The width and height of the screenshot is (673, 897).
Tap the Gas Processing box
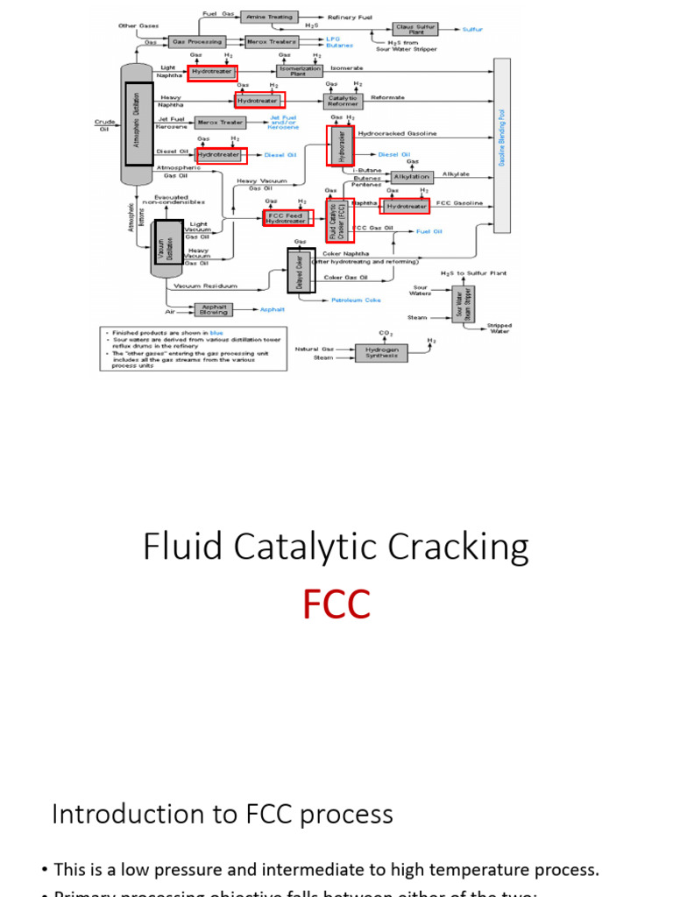(196, 41)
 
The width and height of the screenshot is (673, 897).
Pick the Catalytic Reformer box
(343, 101)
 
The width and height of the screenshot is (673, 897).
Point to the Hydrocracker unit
(341, 145)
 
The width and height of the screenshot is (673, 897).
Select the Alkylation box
(411, 176)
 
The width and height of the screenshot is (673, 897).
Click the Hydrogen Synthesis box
(381, 352)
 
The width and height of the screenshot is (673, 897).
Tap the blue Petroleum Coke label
(356, 300)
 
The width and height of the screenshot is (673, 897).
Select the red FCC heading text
(336, 605)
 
